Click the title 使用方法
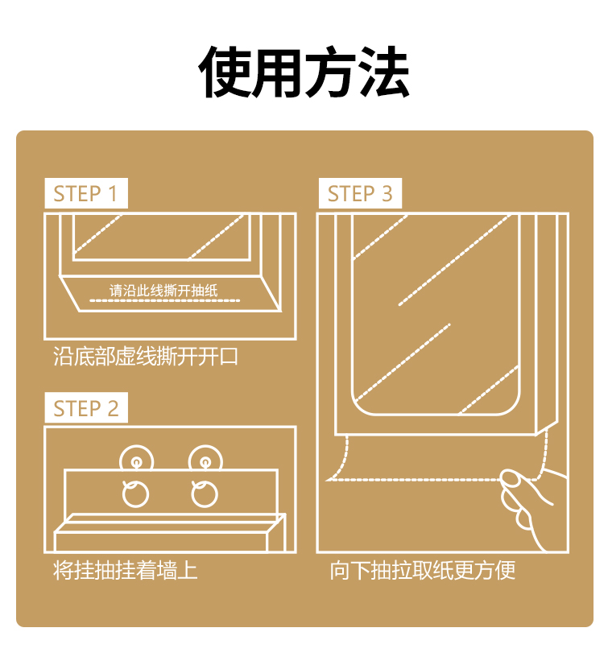point(304,73)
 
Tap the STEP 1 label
point(85,194)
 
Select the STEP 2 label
point(85,408)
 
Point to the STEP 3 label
point(360,194)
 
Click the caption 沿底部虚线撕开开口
point(146,357)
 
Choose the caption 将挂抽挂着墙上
point(125,571)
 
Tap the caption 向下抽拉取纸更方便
point(422,571)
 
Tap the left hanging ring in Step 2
point(135,493)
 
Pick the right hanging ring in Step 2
point(205,493)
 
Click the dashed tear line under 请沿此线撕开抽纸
point(164,300)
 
